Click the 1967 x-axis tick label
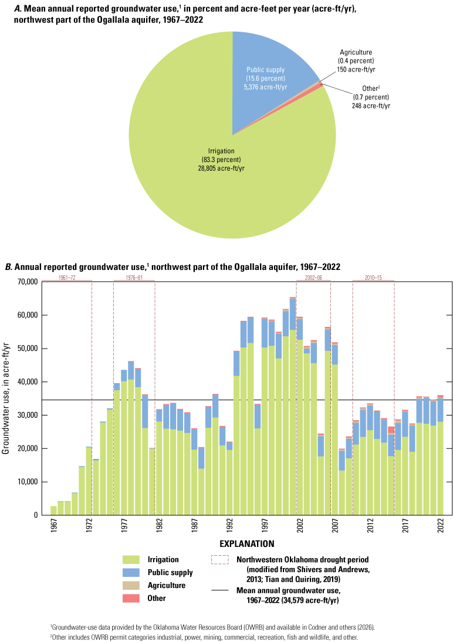tap(54, 527)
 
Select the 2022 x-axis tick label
tap(440, 527)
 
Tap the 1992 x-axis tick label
tap(229, 527)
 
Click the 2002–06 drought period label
tap(313, 276)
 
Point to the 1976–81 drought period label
tap(134, 276)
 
